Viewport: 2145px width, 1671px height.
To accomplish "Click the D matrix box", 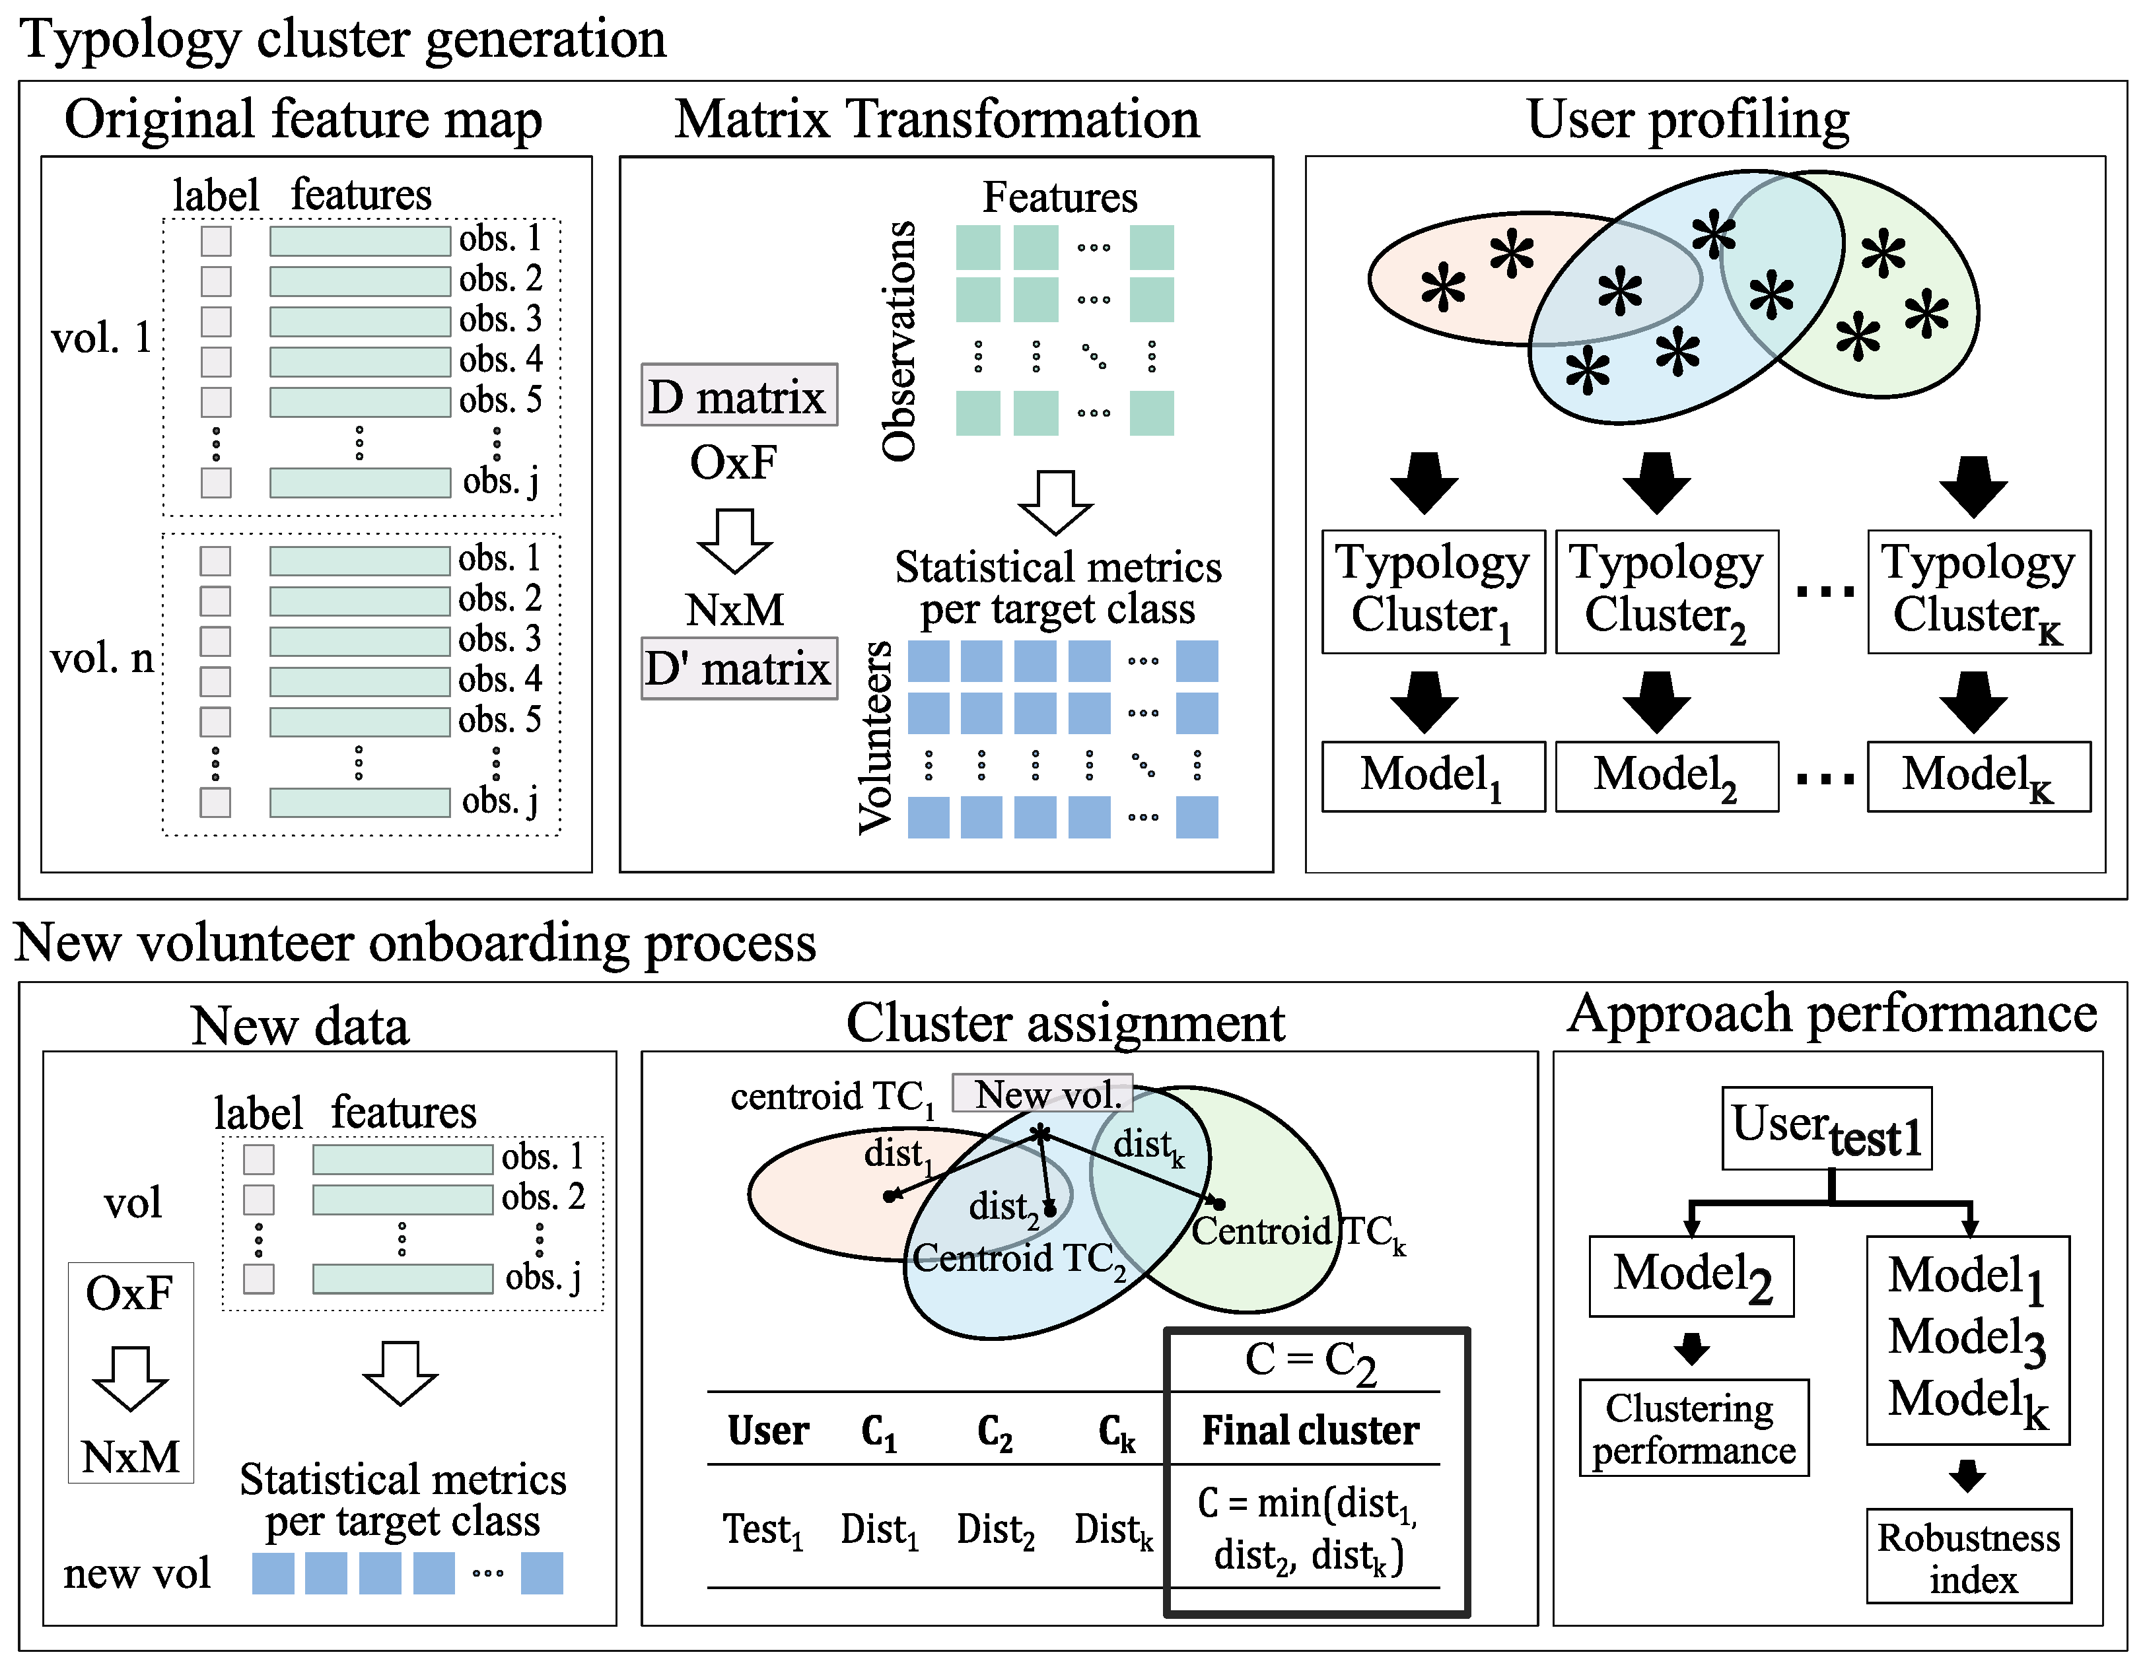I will (738, 395).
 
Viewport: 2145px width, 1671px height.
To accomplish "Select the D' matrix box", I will (738, 669).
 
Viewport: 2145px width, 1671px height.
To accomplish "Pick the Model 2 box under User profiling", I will (1666, 776).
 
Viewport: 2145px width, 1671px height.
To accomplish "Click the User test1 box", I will (1826, 1128).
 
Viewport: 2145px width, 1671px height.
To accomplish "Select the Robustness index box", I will (1968, 1557).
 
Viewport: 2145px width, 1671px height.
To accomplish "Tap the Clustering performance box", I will (1693, 1429).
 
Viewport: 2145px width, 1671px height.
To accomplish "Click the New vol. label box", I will (1042, 1094).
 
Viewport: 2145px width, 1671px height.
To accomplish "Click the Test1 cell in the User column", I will (763, 1530).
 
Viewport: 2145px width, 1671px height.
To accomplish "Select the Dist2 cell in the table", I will (995, 1530).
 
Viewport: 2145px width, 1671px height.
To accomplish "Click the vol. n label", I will (102, 658).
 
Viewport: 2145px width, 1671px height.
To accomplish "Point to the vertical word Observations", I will (897, 341).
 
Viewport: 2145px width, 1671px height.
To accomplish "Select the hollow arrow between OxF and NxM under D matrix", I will (734, 540).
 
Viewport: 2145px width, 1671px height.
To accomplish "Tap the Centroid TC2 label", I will (1018, 1258).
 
